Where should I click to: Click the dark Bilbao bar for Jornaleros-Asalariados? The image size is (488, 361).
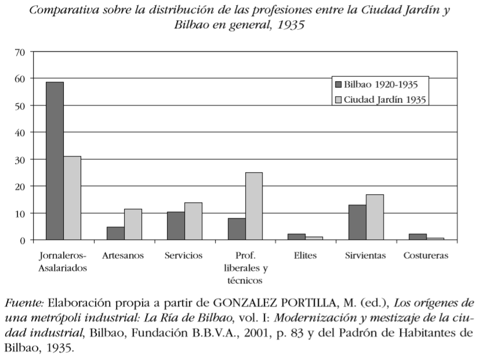point(55,161)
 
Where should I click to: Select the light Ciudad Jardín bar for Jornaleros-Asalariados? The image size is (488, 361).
point(72,198)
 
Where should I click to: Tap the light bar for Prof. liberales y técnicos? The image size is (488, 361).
point(254,206)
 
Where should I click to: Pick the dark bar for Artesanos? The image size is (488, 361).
point(115,234)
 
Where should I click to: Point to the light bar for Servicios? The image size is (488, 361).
point(193,221)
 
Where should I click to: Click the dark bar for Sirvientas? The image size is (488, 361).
point(357,222)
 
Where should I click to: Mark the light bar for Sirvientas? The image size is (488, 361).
point(375,217)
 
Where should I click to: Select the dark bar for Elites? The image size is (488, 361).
point(297,237)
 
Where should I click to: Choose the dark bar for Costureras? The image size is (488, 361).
point(418,237)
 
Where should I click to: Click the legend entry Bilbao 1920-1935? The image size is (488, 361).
point(377,85)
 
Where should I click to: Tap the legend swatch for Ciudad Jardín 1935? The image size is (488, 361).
point(338,100)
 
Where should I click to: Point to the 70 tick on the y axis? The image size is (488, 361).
point(19,52)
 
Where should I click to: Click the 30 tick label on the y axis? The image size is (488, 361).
point(19,160)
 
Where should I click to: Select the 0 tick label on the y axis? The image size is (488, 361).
point(22,240)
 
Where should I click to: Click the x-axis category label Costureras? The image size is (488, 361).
point(426,256)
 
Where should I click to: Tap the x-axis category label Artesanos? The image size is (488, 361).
point(123,256)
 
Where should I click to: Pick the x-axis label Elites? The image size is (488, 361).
point(305,256)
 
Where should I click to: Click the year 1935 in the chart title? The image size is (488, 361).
point(291,25)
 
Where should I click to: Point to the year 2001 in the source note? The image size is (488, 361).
point(256,333)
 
